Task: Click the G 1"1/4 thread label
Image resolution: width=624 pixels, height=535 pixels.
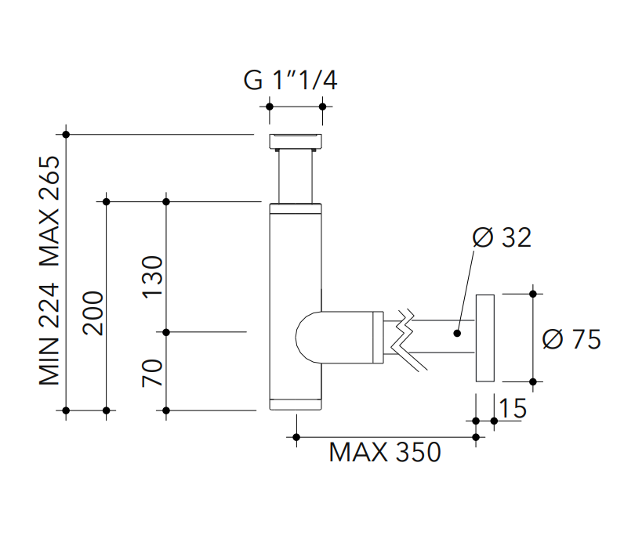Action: coord(291,81)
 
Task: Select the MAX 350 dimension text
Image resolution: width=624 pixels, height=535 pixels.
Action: coord(384,452)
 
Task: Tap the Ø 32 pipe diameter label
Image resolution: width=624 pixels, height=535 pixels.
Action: coord(502,237)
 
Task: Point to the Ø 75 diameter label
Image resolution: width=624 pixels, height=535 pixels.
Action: coord(571,339)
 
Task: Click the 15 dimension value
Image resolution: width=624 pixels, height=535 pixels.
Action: coord(512,408)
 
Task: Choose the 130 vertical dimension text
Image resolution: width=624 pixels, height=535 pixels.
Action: coord(152,277)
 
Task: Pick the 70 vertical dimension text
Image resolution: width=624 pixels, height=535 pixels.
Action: coord(152,371)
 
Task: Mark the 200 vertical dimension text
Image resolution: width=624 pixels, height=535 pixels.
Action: coord(93,313)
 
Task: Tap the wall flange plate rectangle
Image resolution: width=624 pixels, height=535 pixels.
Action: coord(485,338)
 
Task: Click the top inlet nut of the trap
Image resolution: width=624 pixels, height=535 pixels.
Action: coord(295,141)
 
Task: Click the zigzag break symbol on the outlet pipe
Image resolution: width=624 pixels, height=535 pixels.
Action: coord(408,338)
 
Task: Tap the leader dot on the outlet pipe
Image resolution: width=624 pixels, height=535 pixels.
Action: coord(456,333)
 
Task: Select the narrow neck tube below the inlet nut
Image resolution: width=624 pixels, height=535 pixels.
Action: coord(296,175)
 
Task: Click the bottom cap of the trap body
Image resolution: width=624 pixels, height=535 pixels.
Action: coord(296,404)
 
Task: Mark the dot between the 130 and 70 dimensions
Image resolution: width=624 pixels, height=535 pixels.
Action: coord(166,332)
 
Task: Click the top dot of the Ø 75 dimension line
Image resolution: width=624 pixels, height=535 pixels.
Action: coord(533,294)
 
